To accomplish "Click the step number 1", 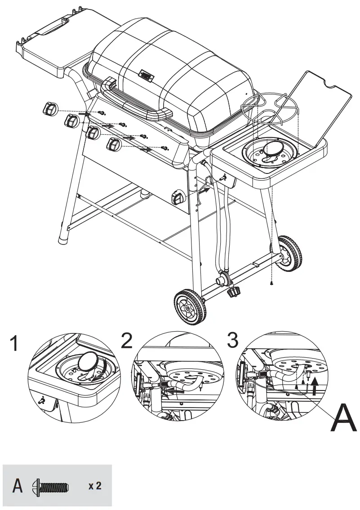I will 15,345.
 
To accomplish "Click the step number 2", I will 127,341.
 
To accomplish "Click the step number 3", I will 232,340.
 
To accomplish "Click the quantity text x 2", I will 94,486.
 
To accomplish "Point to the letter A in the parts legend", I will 18,486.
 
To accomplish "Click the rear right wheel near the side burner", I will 288,253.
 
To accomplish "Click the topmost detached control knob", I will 50,109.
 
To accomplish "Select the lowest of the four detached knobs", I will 114,145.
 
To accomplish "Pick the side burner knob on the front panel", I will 178,197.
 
